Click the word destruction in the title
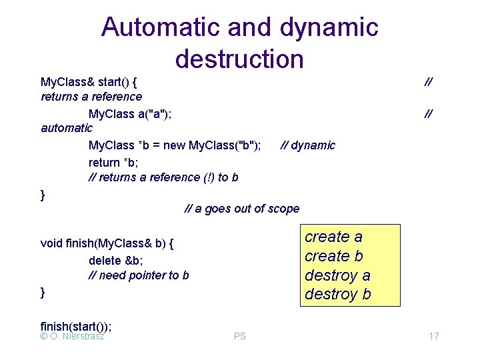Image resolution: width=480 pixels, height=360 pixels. point(239,59)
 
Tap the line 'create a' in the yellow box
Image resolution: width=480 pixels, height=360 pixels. point(333,237)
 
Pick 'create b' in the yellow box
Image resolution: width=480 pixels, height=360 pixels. point(334,256)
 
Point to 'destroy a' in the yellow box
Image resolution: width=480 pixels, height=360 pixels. point(337,275)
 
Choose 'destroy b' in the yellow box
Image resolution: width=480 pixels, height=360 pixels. point(337,294)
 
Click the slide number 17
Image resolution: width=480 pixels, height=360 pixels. point(433,336)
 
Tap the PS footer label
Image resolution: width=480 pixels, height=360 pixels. point(240,336)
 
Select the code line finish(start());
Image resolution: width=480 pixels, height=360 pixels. point(76,326)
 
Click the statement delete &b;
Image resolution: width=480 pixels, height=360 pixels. point(114,260)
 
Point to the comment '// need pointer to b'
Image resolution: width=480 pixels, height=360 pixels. point(139,275)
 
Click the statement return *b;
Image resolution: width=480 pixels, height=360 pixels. point(113,161)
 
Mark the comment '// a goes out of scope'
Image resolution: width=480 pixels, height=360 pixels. point(242,209)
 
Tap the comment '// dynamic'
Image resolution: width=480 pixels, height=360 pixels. point(307,145)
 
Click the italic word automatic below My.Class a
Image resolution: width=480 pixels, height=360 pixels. point(67,127)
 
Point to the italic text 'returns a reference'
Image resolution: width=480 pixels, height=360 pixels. point(91,97)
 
